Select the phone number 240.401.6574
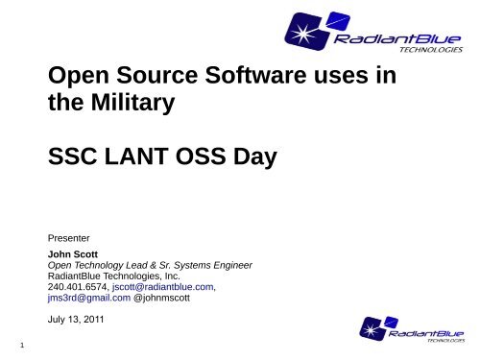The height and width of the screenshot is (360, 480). (77, 285)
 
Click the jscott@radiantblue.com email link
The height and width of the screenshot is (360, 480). (161, 285)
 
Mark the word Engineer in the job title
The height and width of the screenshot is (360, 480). (230, 264)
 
